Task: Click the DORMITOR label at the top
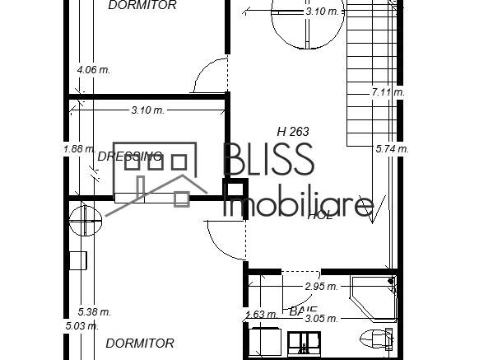(142, 6)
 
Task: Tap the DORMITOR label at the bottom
(140, 343)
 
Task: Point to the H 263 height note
(293, 131)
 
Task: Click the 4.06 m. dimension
(93, 71)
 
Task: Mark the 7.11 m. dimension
(388, 92)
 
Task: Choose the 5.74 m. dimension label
(391, 149)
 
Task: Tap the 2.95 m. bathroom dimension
(321, 287)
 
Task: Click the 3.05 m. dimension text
(321, 318)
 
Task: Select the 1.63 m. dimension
(261, 314)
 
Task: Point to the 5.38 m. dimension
(94, 312)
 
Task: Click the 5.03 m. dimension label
(81, 326)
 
